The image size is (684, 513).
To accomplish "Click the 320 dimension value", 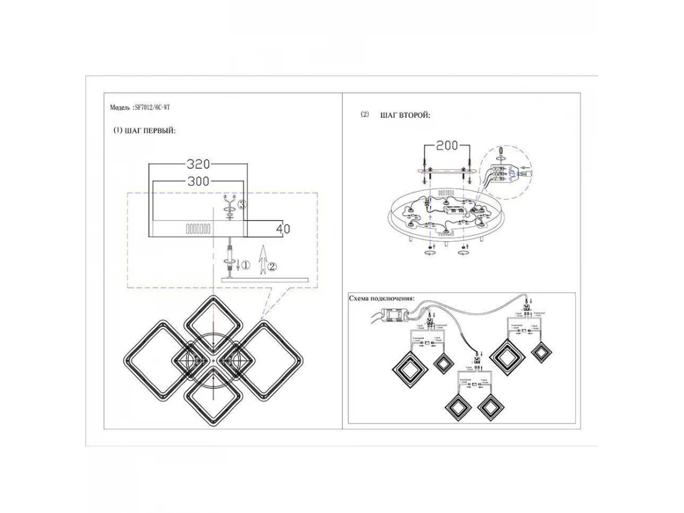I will click(x=199, y=165).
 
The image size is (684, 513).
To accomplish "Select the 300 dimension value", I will click(x=198, y=182).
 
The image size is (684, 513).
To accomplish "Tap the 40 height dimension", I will click(x=283, y=229).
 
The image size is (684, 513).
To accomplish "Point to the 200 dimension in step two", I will click(x=447, y=146).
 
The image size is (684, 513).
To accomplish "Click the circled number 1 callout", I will click(x=246, y=265).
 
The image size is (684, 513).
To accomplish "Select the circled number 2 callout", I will click(x=272, y=266).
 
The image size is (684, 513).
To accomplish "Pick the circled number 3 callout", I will click(x=242, y=205).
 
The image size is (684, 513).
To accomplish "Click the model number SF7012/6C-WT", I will click(x=152, y=107).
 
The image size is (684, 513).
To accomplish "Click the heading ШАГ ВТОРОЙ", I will click(x=405, y=115).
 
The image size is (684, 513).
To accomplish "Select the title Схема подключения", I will click(x=381, y=299).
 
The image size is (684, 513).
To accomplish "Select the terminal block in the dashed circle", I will click(x=502, y=172).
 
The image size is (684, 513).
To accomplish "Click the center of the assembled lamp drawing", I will click(x=212, y=361).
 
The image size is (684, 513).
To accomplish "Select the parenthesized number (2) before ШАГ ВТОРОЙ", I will click(x=365, y=115).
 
